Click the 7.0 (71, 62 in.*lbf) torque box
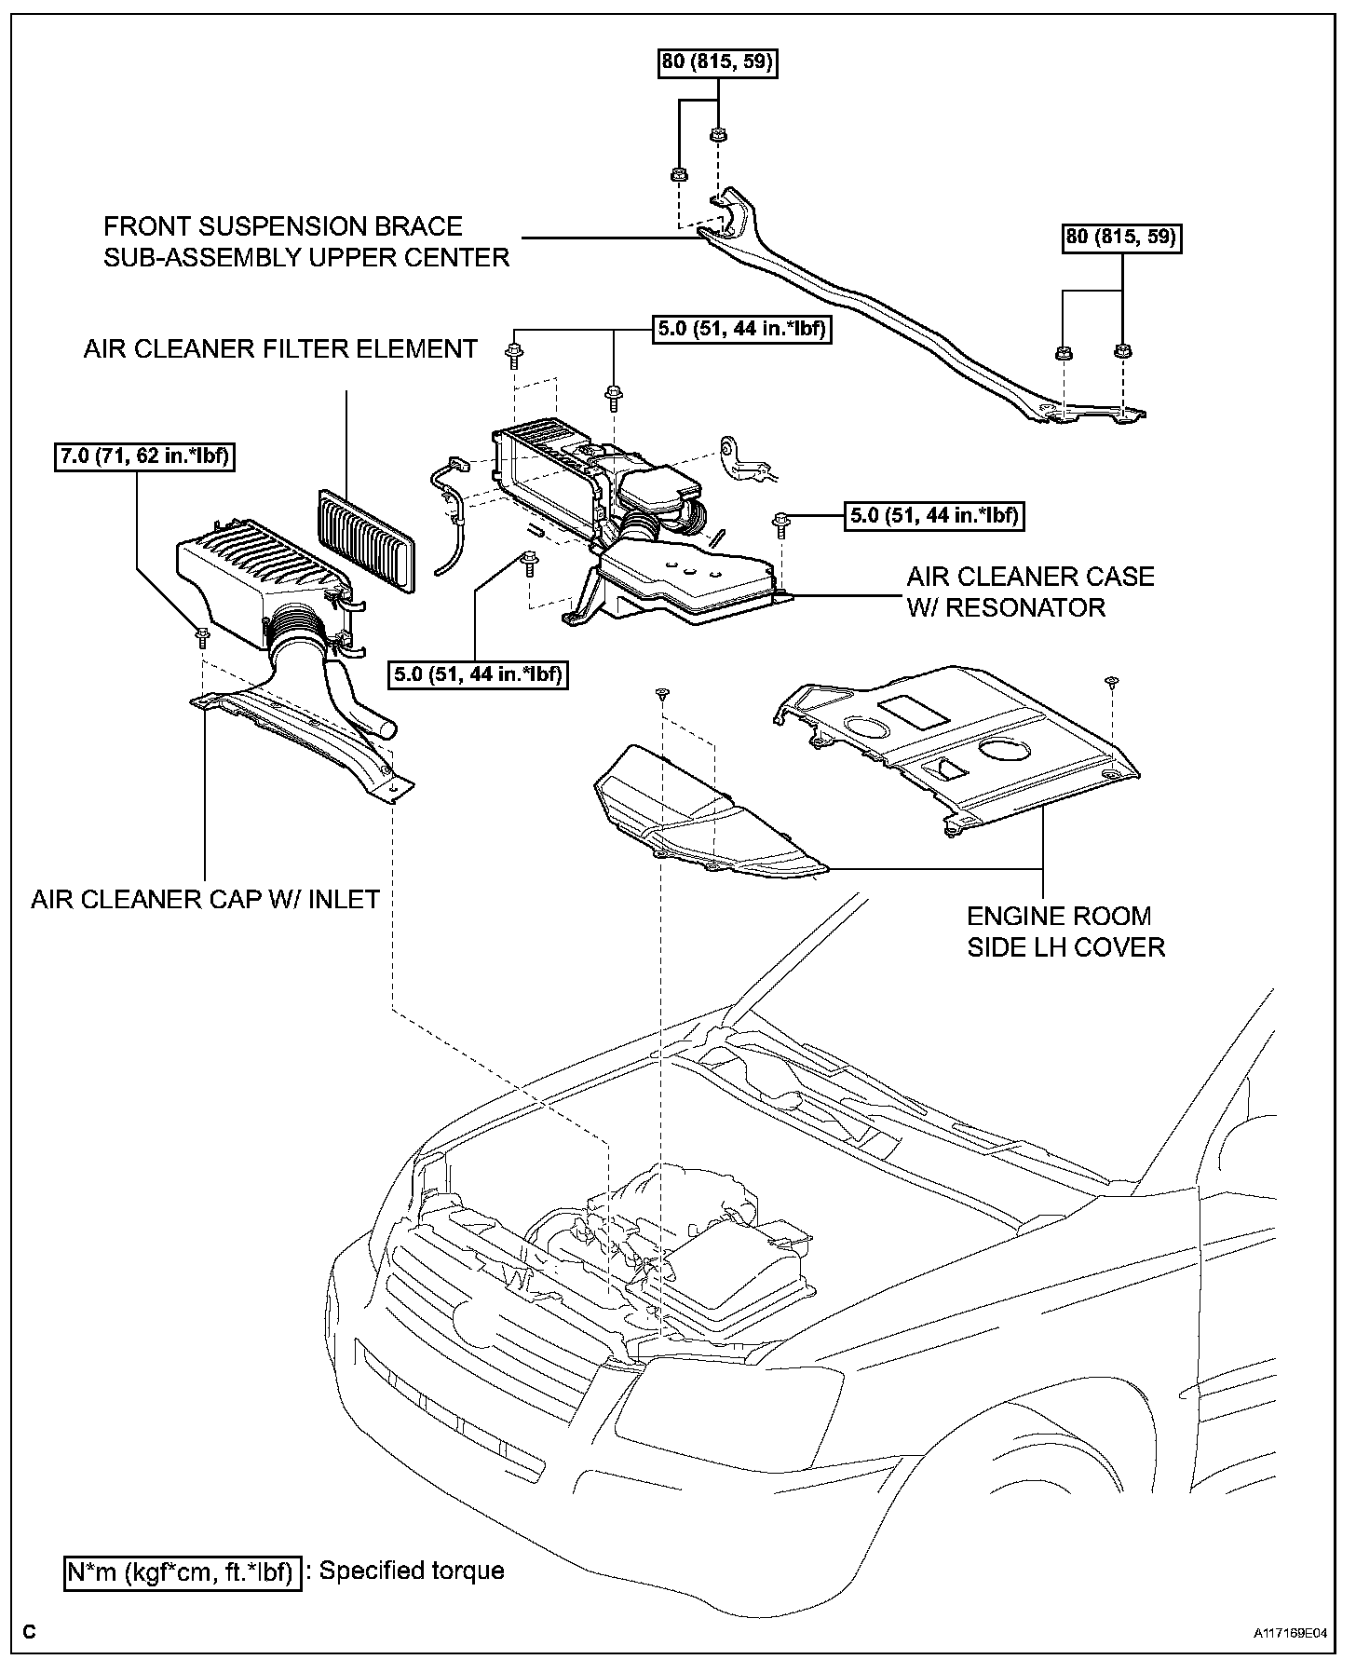click(142, 457)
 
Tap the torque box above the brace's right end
click(1121, 237)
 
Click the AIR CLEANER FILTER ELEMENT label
click(280, 348)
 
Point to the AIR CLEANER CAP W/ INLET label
click(205, 899)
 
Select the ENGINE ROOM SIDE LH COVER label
click(1065, 932)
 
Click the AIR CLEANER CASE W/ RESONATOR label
click(1030, 592)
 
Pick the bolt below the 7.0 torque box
click(201, 636)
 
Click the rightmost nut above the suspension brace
click(1122, 352)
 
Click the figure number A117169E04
click(1289, 1633)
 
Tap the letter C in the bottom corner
click(29, 1631)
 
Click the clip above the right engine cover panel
click(1109, 682)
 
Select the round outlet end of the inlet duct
click(385, 728)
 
